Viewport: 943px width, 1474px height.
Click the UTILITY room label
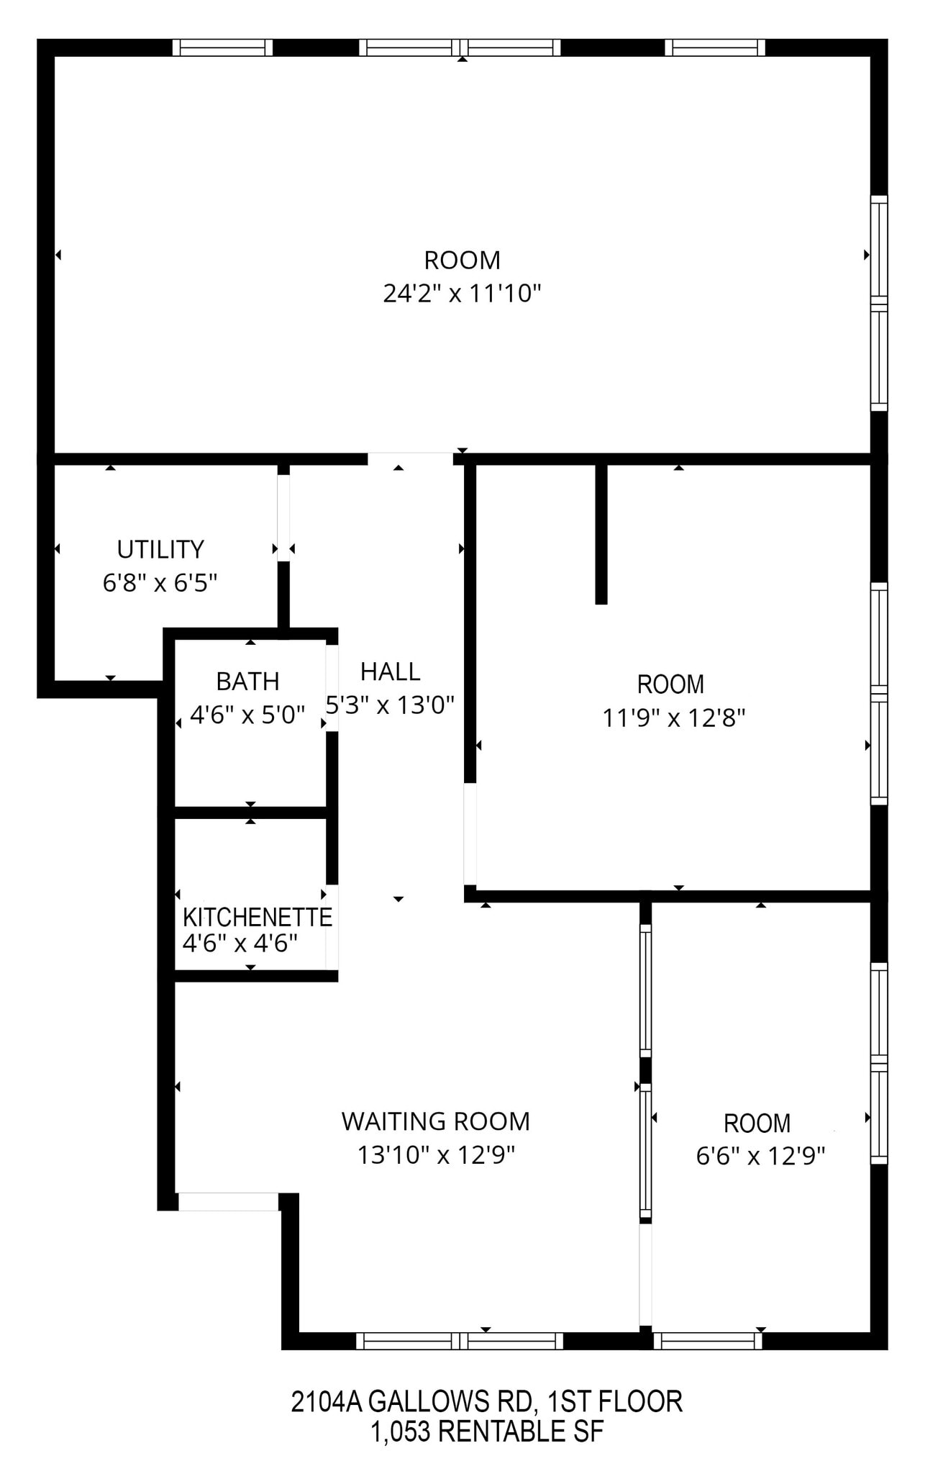(x=160, y=549)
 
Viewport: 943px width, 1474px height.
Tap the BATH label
(x=247, y=681)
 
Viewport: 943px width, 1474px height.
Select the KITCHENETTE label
(x=257, y=917)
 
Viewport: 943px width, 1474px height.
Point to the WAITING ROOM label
(x=435, y=1121)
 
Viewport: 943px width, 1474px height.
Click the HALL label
(x=390, y=672)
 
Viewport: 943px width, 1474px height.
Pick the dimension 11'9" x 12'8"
(x=673, y=718)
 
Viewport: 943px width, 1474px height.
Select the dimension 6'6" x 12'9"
(x=760, y=1156)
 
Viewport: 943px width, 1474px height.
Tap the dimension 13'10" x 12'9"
(x=436, y=1155)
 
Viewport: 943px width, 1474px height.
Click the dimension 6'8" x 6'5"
(x=160, y=582)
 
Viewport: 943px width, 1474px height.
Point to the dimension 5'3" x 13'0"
(x=390, y=705)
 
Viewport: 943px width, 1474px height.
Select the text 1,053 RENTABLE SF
(x=486, y=1432)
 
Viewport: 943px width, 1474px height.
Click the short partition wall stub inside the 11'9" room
(x=601, y=533)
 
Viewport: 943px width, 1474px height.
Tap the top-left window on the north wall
(x=223, y=48)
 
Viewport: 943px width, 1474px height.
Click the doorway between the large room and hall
(x=410, y=458)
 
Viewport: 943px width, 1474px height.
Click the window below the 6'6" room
(x=708, y=1340)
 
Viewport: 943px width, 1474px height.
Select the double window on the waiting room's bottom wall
(x=460, y=1340)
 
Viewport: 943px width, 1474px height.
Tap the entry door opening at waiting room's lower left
(x=228, y=1201)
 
